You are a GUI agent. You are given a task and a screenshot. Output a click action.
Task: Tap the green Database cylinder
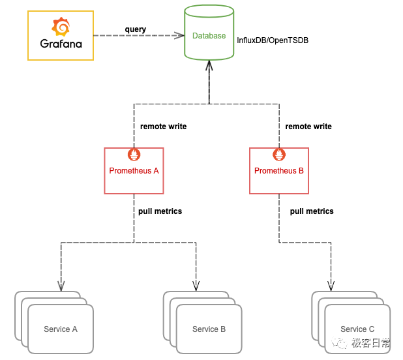click(x=209, y=35)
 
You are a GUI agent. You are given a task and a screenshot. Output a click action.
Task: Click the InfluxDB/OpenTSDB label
click(x=273, y=40)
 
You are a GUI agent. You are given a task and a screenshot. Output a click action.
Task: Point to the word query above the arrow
click(x=136, y=29)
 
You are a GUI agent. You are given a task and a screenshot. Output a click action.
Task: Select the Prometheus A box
click(x=134, y=171)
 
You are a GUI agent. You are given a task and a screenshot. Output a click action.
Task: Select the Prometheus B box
click(x=279, y=171)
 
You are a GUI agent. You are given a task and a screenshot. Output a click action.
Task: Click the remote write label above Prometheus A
click(x=163, y=127)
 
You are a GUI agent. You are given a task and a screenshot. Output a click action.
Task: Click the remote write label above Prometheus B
click(x=308, y=127)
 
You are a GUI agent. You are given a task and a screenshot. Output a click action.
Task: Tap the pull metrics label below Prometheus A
click(x=160, y=211)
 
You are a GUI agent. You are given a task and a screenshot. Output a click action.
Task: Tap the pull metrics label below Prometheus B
click(x=312, y=211)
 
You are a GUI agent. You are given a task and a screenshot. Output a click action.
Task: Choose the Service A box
click(x=61, y=329)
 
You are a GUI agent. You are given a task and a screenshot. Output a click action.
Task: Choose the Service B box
click(x=209, y=329)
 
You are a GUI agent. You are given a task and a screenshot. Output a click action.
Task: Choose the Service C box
click(x=357, y=329)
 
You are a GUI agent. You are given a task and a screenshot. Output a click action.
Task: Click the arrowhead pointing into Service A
click(x=62, y=286)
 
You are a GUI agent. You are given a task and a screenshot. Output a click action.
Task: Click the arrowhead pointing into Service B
click(x=196, y=286)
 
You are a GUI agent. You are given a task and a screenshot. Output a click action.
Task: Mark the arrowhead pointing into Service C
click(x=331, y=286)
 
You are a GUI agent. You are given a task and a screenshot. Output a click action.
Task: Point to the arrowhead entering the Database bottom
click(x=209, y=65)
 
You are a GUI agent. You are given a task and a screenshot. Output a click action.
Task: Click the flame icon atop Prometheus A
click(x=134, y=155)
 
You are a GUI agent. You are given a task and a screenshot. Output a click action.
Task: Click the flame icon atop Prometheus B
click(x=279, y=155)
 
